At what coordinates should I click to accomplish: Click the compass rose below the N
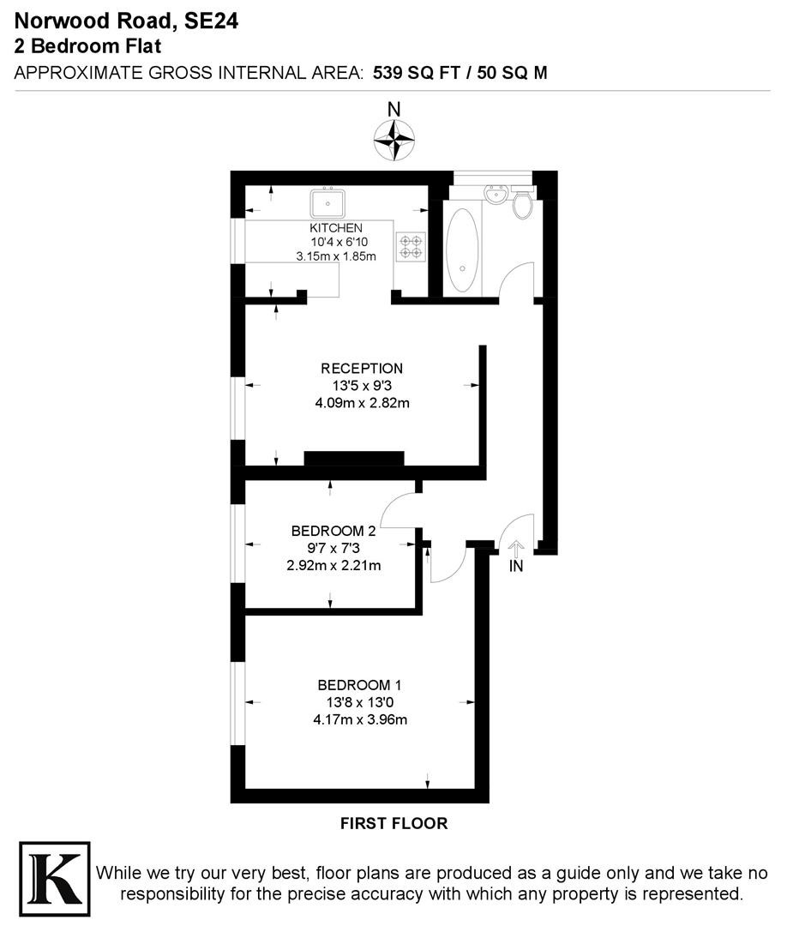[393, 140]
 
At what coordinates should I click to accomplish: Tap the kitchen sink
[328, 203]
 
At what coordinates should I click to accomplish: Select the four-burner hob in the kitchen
[411, 247]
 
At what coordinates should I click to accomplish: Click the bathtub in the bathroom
[462, 251]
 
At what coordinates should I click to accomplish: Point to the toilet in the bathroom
[522, 202]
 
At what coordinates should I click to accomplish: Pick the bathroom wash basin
[496, 194]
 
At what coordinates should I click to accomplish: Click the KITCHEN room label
[336, 228]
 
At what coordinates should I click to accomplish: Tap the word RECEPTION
[362, 369]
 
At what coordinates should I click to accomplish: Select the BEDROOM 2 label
[333, 531]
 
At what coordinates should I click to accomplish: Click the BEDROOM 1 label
[359, 685]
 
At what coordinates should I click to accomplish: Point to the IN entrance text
[516, 567]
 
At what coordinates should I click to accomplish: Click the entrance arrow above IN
[516, 550]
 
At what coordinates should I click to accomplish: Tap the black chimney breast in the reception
[354, 458]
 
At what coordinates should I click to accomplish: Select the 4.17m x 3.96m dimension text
[360, 720]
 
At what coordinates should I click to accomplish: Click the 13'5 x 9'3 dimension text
[362, 386]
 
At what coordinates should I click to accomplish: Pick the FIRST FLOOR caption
[393, 823]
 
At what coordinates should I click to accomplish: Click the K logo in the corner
[55, 879]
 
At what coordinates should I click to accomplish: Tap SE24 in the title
[212, 21]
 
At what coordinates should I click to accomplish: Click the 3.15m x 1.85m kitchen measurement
[336, 256]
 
